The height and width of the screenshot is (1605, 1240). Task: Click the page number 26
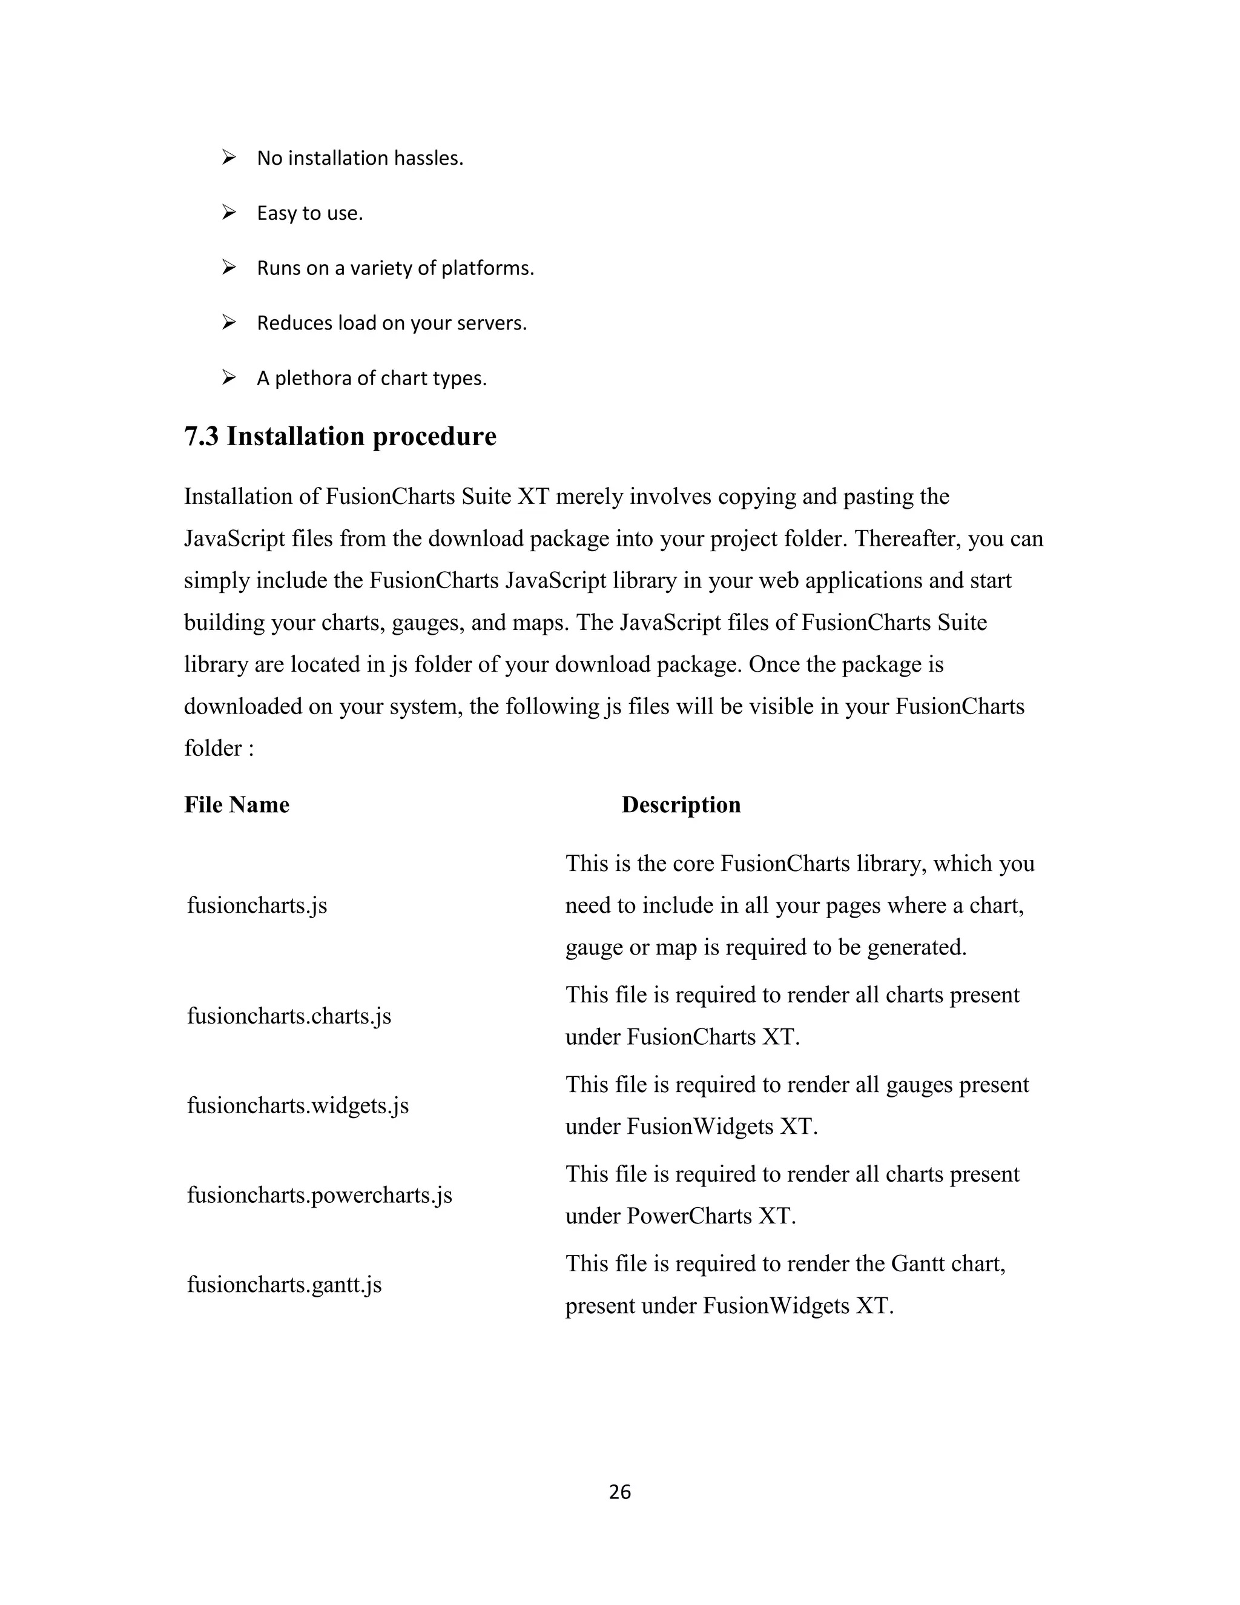coord(619,1491)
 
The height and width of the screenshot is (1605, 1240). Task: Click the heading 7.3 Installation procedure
coord(340,436)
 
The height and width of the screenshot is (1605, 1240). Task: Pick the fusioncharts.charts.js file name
coord(289,1016)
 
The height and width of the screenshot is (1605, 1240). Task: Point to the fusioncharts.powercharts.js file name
coord(319,1194)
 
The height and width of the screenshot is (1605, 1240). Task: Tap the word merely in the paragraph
coord(589,497)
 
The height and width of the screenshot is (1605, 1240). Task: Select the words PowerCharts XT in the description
coord(710,1216)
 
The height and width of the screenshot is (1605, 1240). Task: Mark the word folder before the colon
coord(213,748)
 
